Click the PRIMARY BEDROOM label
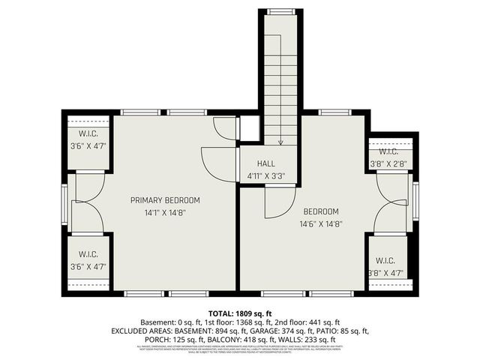(x=165, y=200)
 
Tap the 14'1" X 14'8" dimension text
(x=165, y=212)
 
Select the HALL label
(x=266, y=163)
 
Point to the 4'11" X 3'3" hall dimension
(x=266, y=175)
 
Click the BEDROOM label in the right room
(x=321, y=211)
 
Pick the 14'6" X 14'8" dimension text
(x=321, y=223)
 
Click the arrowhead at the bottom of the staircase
(x=280, y=141)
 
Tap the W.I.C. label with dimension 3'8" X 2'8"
(x=383, y=151)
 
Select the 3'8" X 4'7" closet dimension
(x=387, y=273)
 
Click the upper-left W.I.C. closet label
(x=88, y=135)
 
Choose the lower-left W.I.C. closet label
(x=88, y=255)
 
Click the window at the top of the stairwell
(x=281, y=11)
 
